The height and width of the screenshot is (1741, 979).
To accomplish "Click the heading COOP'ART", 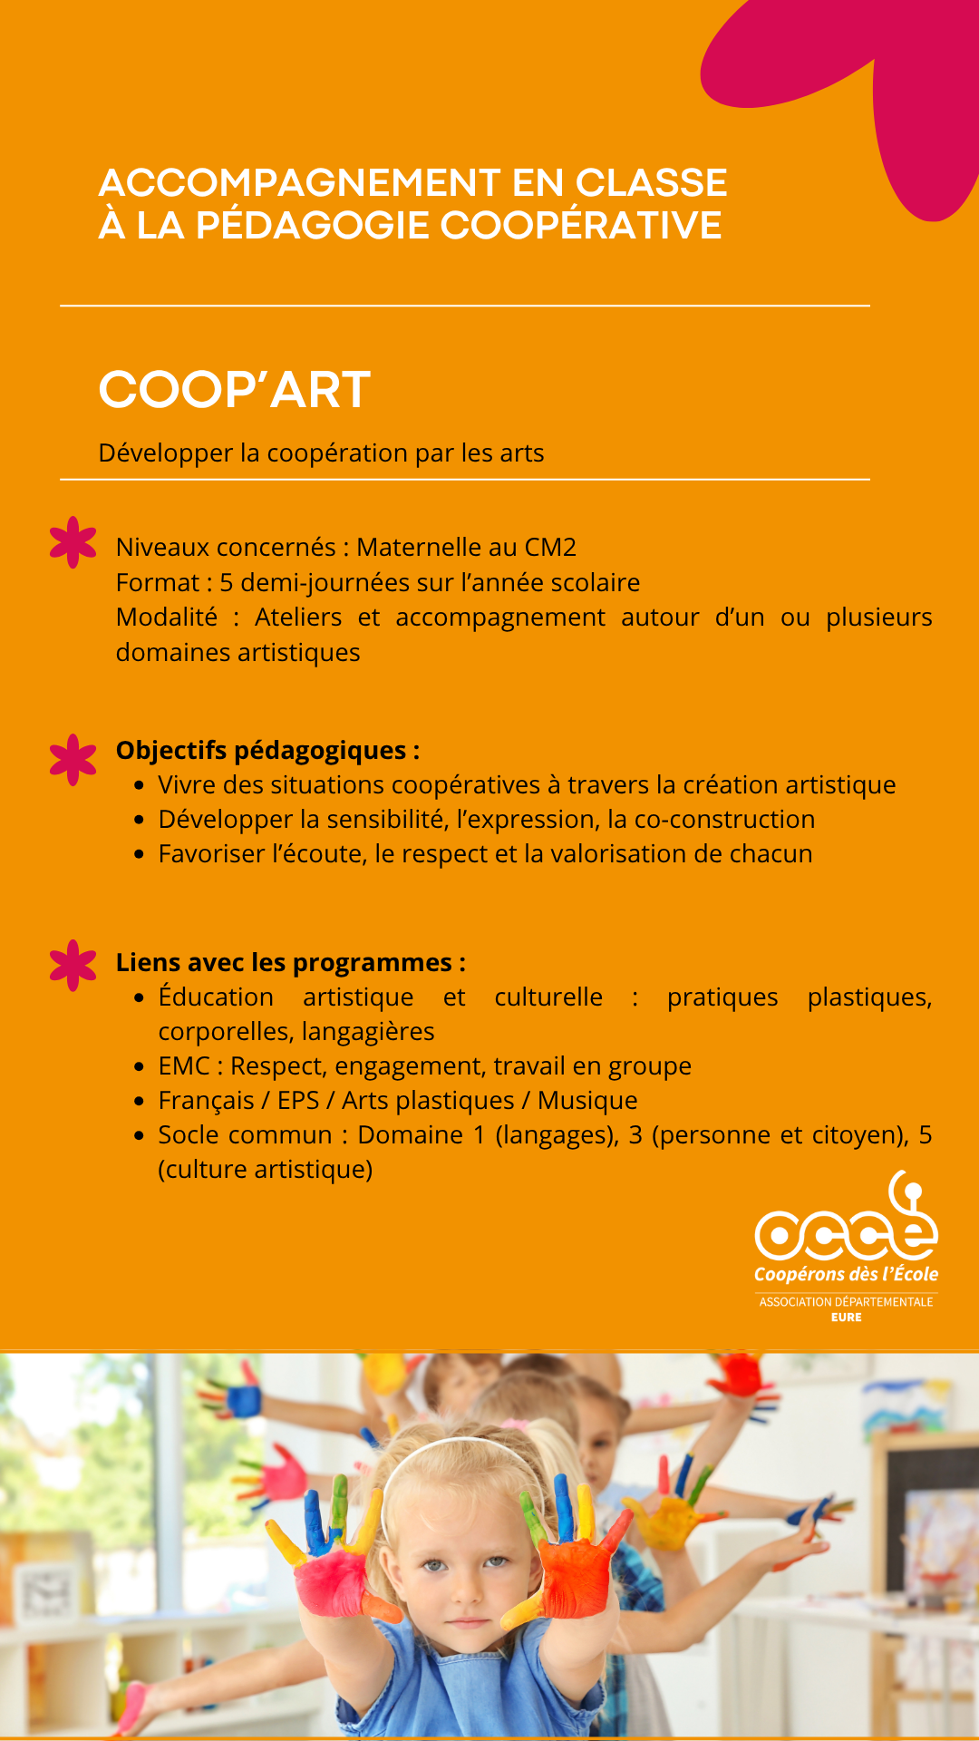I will click(x=235, y=390).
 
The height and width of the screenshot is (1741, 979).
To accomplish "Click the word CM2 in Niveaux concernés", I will click(x=550, y=548).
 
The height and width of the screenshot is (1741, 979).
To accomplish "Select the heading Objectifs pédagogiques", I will click(x=267, y=751).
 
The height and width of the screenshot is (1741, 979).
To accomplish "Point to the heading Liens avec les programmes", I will click(x=290, y=963).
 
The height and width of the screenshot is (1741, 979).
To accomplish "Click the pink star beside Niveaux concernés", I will click(x=73, y=542).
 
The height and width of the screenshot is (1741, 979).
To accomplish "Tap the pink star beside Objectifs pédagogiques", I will click(x=73, y=759).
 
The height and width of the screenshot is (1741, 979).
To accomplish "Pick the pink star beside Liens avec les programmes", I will click(x=73, y=965).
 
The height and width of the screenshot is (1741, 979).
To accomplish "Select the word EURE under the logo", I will click(x=847, y=1318).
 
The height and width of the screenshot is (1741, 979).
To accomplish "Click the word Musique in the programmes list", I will click(x=587, y=1101).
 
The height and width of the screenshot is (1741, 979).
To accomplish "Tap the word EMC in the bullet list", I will click(x=184, y=1066).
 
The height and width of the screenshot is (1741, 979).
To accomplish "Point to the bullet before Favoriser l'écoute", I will click(x=139, y=854).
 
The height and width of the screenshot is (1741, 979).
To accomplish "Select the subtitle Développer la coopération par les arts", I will click(x=321, y=453).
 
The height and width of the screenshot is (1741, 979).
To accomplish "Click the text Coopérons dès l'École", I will click(x=846, y=1275).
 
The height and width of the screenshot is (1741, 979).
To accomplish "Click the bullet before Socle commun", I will click(x=139, y=1135).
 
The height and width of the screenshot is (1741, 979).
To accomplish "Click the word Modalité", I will click(x=167, y=618).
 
